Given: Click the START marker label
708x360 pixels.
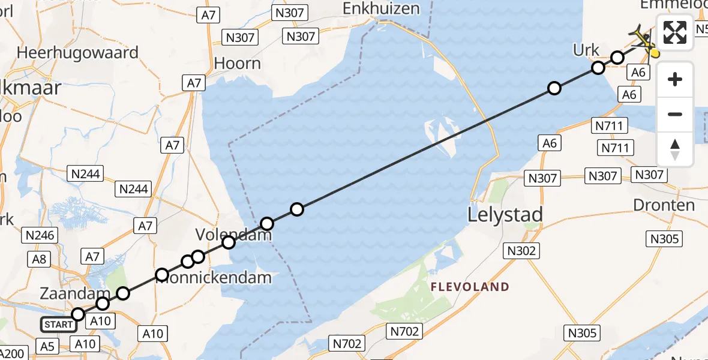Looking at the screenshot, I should coord(59,325).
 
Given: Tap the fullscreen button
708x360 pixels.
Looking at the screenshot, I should coord(675,32).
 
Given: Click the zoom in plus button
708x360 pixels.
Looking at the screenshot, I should coord(675,79).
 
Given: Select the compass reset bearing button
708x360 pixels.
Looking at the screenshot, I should coord(675,149).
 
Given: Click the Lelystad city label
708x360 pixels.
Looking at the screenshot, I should coord(505,214).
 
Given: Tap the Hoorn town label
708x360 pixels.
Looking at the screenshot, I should coord(238,63).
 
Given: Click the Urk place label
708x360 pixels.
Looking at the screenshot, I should coord(586,50).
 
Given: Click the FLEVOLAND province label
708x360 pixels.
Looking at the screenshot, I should coord(470,287).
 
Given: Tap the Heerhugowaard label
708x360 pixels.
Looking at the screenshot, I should coord(78,52).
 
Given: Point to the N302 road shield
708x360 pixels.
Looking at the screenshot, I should coord(521,251).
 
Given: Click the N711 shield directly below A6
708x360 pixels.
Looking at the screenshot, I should coord(610,125).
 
